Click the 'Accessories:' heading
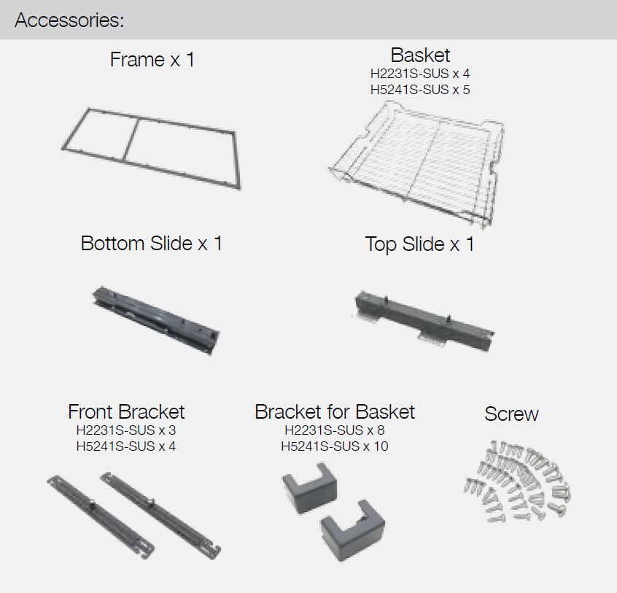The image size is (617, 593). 69,20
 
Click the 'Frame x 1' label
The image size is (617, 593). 152,60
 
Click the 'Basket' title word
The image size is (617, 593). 420,55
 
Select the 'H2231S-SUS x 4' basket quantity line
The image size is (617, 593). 420,74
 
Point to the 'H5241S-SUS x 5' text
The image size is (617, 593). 420,90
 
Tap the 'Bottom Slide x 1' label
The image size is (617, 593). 152,243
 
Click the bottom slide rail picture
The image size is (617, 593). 156,320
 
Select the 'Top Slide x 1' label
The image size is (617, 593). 419,244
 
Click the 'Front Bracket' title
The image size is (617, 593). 126,412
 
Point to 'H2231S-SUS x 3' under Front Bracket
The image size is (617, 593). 126,430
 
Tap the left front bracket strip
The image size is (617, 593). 101,516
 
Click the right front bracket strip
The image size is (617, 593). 160,515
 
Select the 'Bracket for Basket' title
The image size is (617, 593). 335,412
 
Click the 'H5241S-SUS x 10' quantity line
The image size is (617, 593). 335,446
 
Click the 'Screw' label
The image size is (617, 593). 511,414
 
